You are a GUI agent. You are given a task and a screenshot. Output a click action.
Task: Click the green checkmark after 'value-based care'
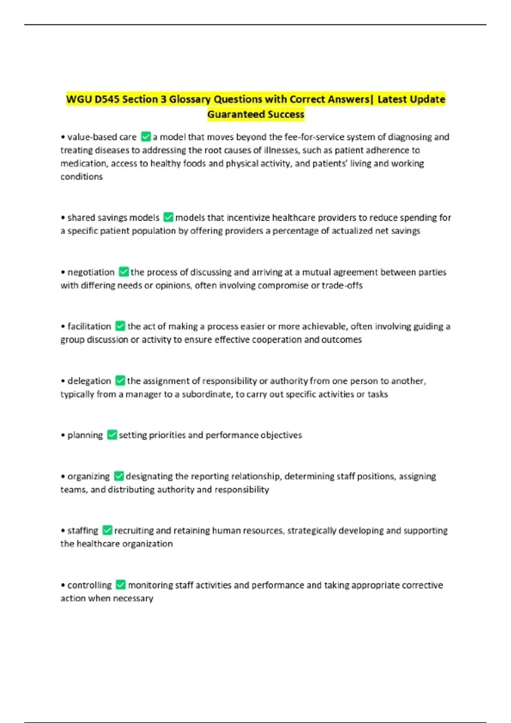click(146, 137)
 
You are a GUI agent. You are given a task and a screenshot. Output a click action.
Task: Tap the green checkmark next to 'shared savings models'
click(168, 217)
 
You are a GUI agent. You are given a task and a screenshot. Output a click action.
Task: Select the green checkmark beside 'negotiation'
click(123, 272)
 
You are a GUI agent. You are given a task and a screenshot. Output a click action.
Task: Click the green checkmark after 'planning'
click(112, 435)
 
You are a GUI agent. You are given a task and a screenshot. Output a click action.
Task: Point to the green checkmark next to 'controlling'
click(121, 585)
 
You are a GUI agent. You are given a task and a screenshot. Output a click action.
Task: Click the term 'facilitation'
click(89, 326)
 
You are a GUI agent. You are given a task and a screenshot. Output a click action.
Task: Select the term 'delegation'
click(89, 381)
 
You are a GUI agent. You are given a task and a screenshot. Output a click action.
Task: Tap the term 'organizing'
click(89, 476)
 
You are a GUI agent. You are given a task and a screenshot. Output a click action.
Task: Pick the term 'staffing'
click(83, 530)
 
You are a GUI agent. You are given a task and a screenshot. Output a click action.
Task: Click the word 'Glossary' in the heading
click(189, 99)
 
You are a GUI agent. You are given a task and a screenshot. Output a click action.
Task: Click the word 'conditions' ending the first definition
click(81, 176)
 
